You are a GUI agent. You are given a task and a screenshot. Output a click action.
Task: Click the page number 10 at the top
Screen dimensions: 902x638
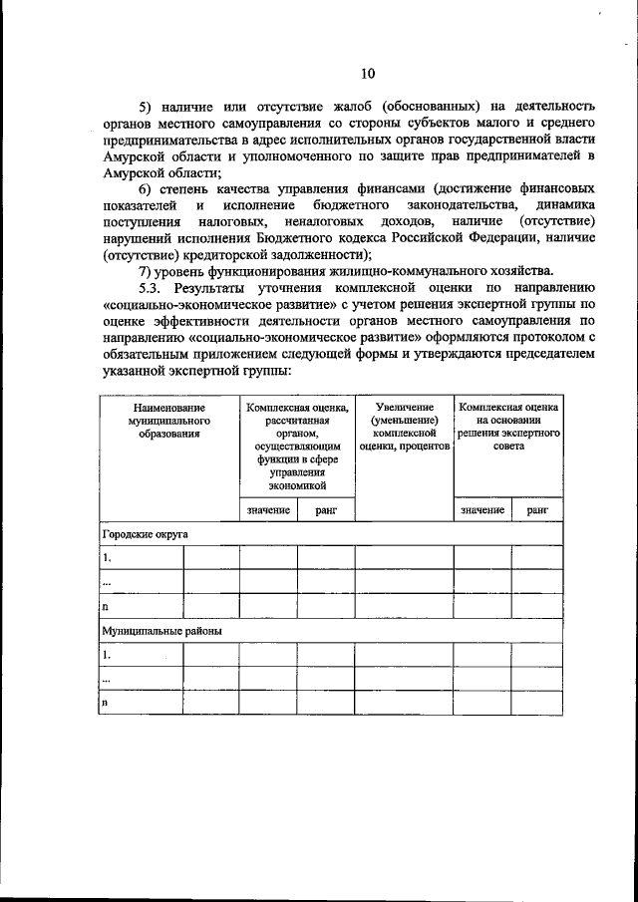[x=368, y=73]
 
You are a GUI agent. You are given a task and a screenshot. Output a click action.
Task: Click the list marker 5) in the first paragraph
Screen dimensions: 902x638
[x=147, y=107]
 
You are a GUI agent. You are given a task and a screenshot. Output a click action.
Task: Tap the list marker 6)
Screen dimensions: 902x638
[x=147, y=188]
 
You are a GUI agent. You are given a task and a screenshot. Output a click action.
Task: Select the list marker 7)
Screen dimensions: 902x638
[x=147, y=271]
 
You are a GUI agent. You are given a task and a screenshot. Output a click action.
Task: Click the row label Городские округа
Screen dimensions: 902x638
[x=146, y=534]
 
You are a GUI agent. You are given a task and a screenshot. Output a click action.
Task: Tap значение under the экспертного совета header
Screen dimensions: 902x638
[x=482, y=509]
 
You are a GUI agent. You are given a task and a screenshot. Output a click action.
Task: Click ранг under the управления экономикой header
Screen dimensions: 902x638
[x=325, y=509]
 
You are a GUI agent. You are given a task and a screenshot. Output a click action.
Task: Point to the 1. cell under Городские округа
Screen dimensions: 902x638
[x=107, y=558]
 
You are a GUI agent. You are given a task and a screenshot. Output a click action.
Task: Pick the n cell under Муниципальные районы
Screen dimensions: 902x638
[x=105, y=703]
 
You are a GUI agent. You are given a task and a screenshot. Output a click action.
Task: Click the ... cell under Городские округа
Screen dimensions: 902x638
[x=107, y=582]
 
